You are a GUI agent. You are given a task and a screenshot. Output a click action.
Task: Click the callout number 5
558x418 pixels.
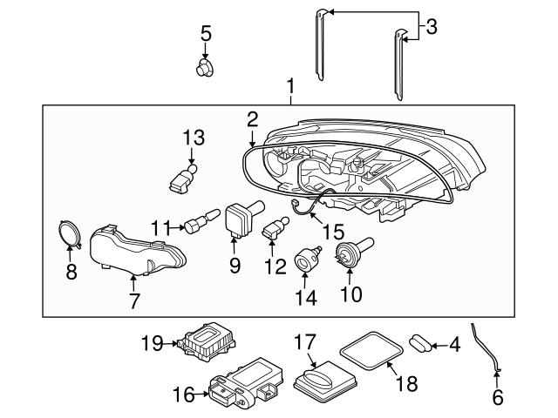tap(206, 34)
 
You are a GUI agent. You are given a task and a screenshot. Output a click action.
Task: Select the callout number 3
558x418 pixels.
tap(430, 28)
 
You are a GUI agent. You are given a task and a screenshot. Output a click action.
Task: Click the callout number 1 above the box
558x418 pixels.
tap(290, 86)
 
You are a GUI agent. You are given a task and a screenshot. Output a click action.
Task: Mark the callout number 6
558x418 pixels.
tap(498, 398)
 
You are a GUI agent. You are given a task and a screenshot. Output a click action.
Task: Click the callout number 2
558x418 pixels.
tap(252, 119)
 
